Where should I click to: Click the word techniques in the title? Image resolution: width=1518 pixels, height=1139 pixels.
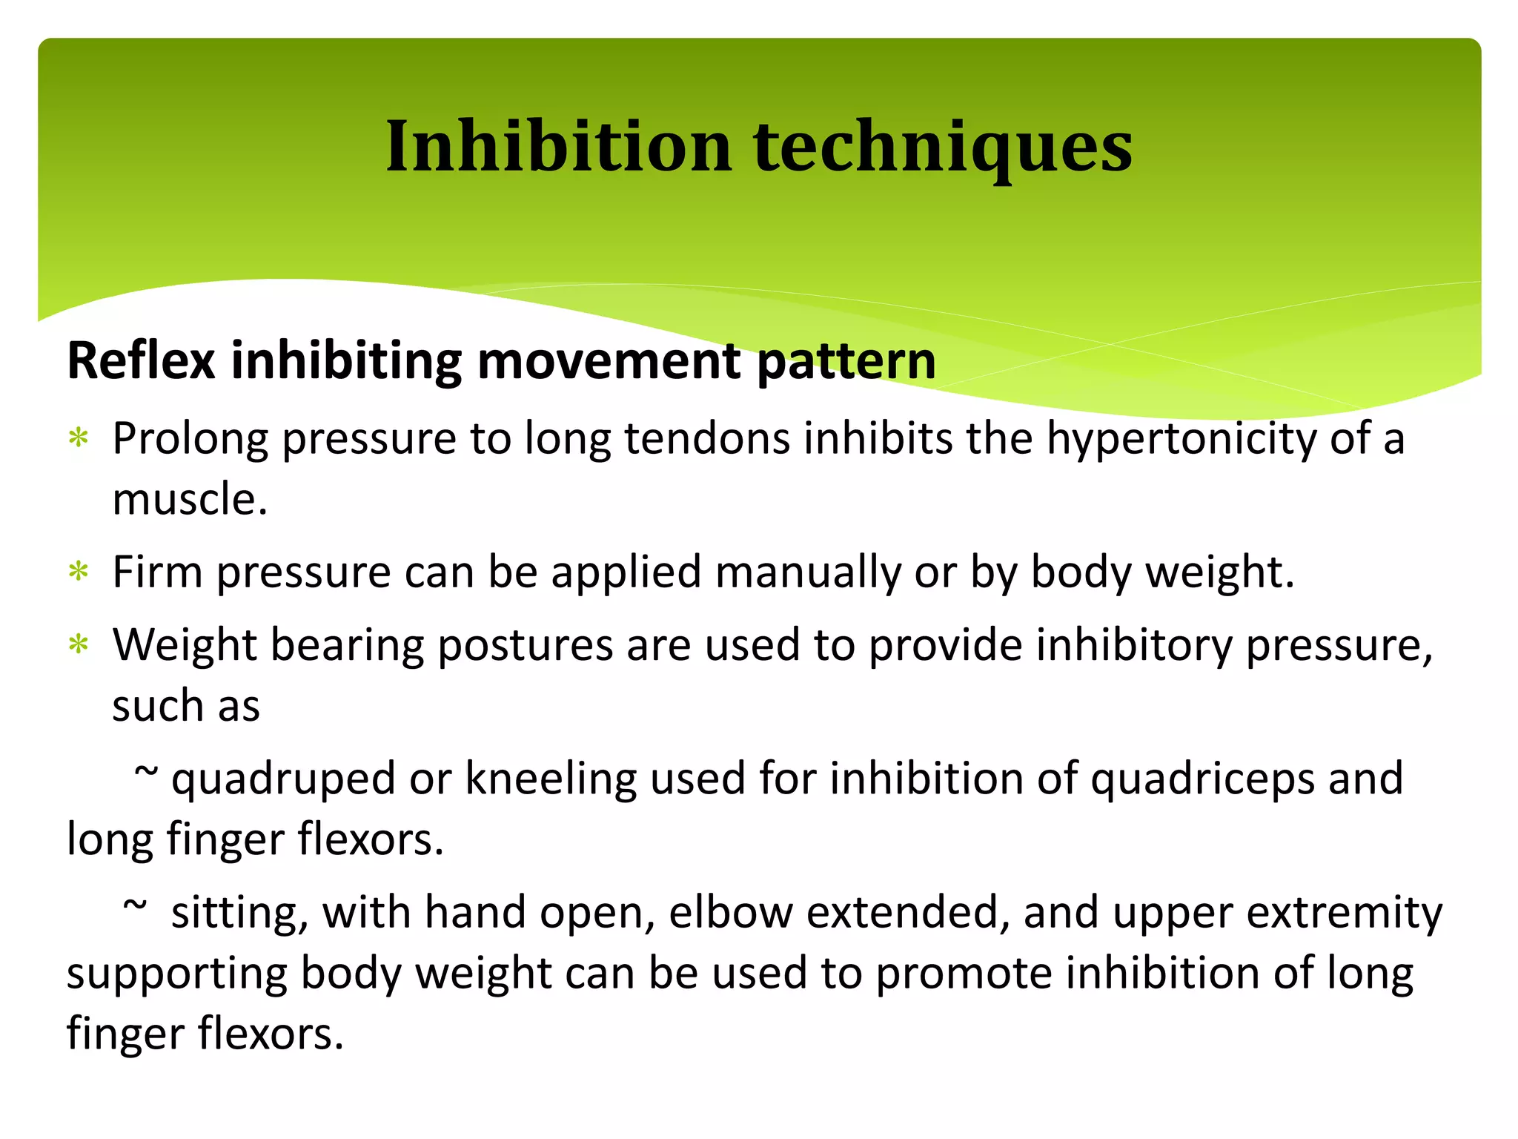[x=943, y=147]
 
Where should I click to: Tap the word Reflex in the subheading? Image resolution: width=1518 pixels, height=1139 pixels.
[x=141, y=361]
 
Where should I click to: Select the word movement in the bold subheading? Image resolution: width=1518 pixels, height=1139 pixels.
[x=609, y=361]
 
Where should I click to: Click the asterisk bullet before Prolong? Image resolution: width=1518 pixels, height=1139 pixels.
[x=78, y=439]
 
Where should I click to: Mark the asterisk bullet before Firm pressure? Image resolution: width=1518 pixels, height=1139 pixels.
[x=78, y=572]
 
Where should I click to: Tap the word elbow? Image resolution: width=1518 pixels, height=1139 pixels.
[x=731, y=913]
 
